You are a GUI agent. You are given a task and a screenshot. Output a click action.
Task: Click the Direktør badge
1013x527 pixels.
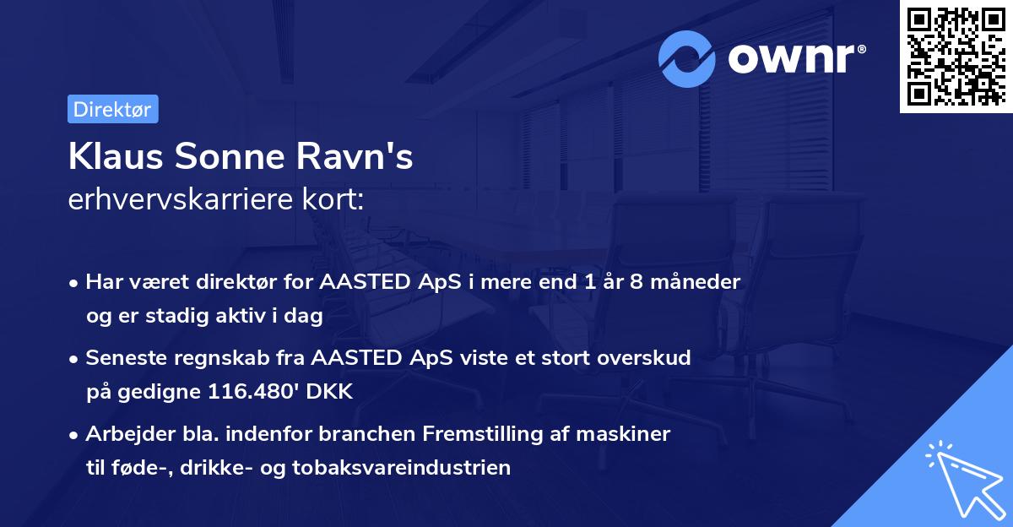pos(112,109)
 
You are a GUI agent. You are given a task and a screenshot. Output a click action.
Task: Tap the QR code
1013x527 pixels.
pos(955,56)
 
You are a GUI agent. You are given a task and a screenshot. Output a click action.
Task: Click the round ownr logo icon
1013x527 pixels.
pos(687,58)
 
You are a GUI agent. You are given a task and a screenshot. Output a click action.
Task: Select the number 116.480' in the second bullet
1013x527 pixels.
pos(257,392)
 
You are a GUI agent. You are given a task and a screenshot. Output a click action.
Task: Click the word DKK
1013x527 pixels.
pos(330,392)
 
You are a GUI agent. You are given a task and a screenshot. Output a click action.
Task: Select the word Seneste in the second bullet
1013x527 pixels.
pos(124,358)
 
